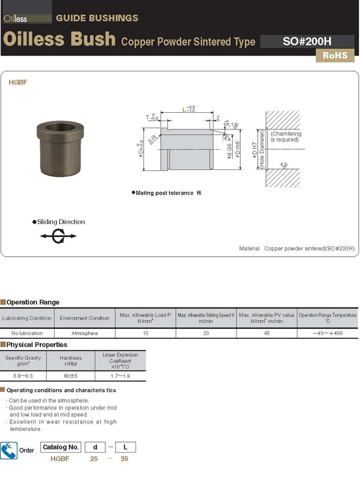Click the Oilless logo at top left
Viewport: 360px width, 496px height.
point(15,19)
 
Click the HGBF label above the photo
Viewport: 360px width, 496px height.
point(18,83)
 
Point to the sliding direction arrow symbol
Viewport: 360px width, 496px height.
point(58,237)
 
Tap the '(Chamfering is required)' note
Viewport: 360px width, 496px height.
point(286,137)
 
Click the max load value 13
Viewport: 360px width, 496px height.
point(146,333)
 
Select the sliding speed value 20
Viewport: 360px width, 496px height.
point(206,333)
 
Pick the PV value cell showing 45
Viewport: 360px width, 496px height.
point(266,333)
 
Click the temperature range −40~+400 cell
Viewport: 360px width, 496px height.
point(327,333)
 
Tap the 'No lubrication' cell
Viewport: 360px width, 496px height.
point(27,333)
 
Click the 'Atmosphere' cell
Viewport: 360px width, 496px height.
point(85,333)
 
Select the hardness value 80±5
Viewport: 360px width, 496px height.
point(70,376)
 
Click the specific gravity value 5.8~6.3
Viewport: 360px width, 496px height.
point(23,376)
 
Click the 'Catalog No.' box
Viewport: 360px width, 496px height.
point(61,447)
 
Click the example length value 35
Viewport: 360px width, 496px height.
point(124,459)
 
